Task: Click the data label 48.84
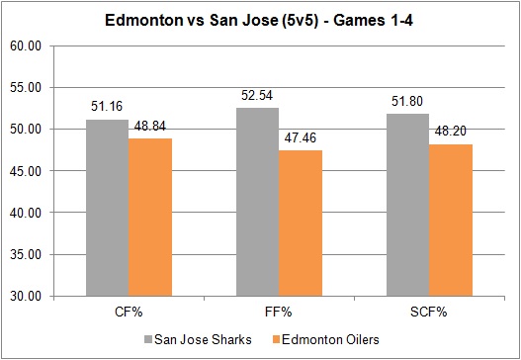coord(148,128)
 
